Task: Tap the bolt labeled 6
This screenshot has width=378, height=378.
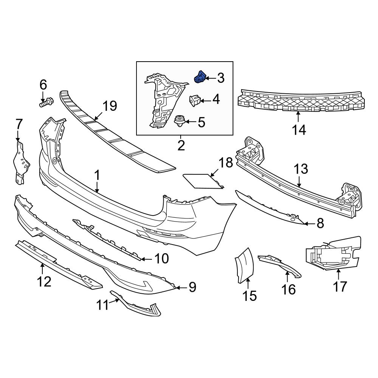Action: point(45,102)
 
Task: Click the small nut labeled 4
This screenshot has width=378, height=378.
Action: point(194,100)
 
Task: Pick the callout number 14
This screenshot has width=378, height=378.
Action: point(299,130)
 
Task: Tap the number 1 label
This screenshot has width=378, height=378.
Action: point(97,175)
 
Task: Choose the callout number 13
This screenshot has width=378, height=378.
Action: point(302,169)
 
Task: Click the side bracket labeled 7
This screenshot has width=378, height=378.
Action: point(19,163)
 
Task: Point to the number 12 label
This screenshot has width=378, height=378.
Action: point(44,281)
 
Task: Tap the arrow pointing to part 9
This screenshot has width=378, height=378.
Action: point(181,288)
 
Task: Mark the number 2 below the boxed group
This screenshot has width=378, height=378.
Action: point(181,145)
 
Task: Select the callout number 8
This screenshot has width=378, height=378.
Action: point(320,224)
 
